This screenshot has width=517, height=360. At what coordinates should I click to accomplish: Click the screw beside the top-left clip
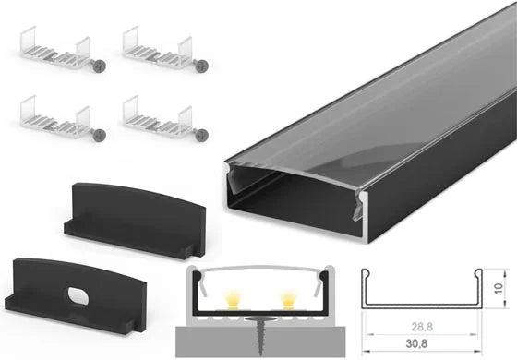tap(99, 66)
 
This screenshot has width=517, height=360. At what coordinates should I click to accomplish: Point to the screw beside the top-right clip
tap(201, 66)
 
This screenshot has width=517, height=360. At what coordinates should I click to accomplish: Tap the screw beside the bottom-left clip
tap(99, 135)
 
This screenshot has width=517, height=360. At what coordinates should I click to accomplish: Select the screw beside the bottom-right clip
tap(201, 135)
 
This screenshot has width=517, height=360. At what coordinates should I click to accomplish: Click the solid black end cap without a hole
tap(135, 221)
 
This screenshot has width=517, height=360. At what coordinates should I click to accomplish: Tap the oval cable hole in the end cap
tap(78, 296)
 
